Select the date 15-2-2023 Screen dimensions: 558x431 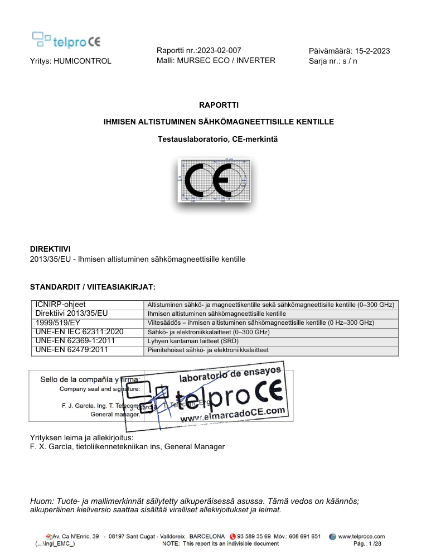click(367, 51)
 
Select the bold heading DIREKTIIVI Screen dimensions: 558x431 click(50, 249)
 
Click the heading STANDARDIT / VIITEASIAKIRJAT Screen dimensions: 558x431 click(92, 287)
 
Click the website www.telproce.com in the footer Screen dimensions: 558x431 click(362, 536)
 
